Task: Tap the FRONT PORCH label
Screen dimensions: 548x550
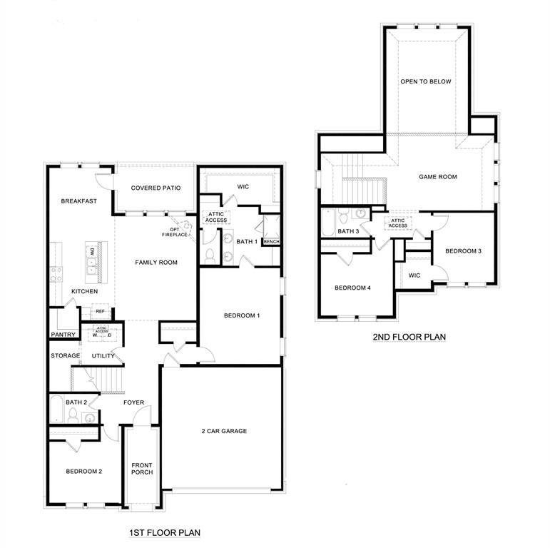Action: [x=142, y=469]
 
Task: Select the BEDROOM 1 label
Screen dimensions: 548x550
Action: [x=242, y=315]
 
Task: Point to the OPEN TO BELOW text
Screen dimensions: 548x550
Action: [x=426, y=82]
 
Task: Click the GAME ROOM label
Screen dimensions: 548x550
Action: [x=437, y=177]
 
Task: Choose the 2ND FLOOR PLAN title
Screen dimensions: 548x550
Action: [x=409, y=336]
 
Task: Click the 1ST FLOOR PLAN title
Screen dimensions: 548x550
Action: [x=164, y=532]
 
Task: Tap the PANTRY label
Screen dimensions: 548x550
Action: [x=63, y=335]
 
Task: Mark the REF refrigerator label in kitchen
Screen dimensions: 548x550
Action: [x=100, y=311]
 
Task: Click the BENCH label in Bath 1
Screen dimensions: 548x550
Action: [x=271, y=242]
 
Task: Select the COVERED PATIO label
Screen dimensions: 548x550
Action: [x=156, y=188]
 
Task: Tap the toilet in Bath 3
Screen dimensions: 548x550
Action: [x=343, y=218]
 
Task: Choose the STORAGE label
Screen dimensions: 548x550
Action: [x=65, y=355]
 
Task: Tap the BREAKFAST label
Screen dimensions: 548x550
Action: [x=78, y=201]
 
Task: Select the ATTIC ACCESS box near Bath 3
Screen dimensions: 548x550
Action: [x=398, y=223]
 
